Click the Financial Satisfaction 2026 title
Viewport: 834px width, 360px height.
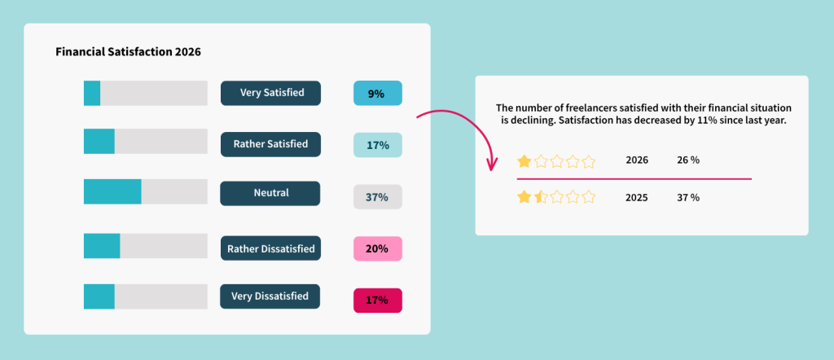click(128, 51)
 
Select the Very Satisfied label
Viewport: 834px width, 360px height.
click(270, 93)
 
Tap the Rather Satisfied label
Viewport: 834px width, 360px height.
click(270, 144)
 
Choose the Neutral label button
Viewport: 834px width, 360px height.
click(270, 194)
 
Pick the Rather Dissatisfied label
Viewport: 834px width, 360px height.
click(270, 248)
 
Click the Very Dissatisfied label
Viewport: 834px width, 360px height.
click(270, 296)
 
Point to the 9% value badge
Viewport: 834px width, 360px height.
click(377, 94)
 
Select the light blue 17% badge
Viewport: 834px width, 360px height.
click(377, 145)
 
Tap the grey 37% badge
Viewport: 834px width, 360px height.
click(377, 197)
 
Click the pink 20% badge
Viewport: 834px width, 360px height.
click(377, 248)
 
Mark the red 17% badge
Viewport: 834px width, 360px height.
click(377, 300)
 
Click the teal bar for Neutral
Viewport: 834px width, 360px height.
click(112, 192)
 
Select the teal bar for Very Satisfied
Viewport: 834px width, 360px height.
click(92, 93)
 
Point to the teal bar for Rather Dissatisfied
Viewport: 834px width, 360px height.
click(102, 246)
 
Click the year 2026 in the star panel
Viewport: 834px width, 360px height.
click(637, 160)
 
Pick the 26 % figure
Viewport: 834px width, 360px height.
click(688, 160)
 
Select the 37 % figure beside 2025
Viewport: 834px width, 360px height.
click(688, 197)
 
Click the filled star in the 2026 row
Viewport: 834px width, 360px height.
click(525, 160)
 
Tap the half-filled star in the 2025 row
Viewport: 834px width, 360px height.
click(540, 197)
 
